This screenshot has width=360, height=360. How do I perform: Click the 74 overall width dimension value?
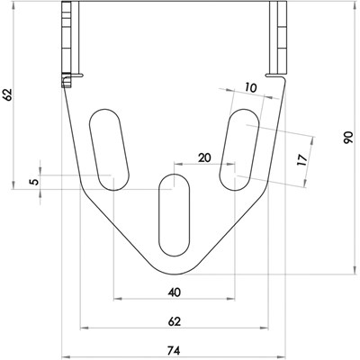[175, 349]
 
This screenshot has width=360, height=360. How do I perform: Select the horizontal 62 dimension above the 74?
[175, 320]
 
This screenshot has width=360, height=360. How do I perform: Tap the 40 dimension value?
[175, 292]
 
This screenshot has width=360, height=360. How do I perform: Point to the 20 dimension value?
[204, 157]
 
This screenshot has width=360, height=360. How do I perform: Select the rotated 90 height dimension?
[347, 139]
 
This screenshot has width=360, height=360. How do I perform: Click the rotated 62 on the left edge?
[8, 94]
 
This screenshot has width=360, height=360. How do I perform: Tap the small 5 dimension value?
[34, 182]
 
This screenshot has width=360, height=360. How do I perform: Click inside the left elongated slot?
[108, 149]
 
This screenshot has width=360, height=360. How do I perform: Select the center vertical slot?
[175, 216]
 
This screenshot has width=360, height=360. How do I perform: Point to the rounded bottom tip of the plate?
[175, 269]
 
